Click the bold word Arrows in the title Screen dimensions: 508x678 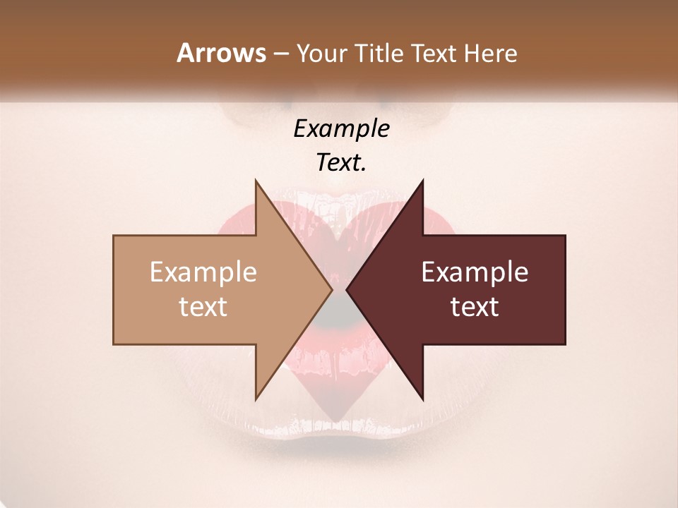pyautogui.click(x=221, y=53)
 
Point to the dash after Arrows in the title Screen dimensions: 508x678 pyautogui.click(x=280, y=54)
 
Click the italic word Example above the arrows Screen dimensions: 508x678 pyautogui.click(x=341, y=129)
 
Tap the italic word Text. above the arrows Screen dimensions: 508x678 pyautogui.click(x=341, y=163)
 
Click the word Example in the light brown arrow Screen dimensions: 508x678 pyautogui.click(x=203, y=272)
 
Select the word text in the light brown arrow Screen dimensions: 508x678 pyautogui.click(x=203, y=307)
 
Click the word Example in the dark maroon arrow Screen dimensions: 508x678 pyautogui.click(x=475, y=272)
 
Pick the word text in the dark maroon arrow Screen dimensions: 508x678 pyautogui.click(x=475, y=307)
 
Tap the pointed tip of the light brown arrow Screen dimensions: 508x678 pyautogui.click(x=332, y=289)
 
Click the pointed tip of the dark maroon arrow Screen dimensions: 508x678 pyautogui.click(x=346, y=289)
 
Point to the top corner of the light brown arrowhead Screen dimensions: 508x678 pyautogui.click(x=256, y=181)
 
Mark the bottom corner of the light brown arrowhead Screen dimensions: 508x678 pyautogui.click(x=256, y=399)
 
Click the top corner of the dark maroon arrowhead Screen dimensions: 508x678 pyautogui.click(x=423, y=181)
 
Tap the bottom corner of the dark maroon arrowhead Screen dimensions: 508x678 pyautogui.click(x=423, y=399)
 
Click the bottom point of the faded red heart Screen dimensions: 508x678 pyautogui.click(x=339, y=418)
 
